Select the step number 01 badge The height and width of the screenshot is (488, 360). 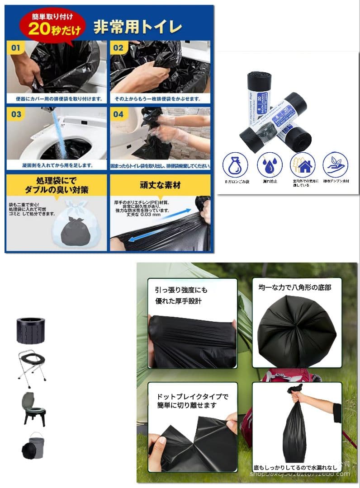pos(16,47)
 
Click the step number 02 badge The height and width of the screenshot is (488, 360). pos(118,47)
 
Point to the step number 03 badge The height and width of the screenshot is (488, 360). pos(16,114)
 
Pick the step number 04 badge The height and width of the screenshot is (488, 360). pos(118,114)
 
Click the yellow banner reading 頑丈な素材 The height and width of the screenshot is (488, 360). pos(160,185)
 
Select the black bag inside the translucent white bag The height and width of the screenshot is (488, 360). pos(74,230)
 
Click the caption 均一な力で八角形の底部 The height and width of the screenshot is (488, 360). pos(294,287)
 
